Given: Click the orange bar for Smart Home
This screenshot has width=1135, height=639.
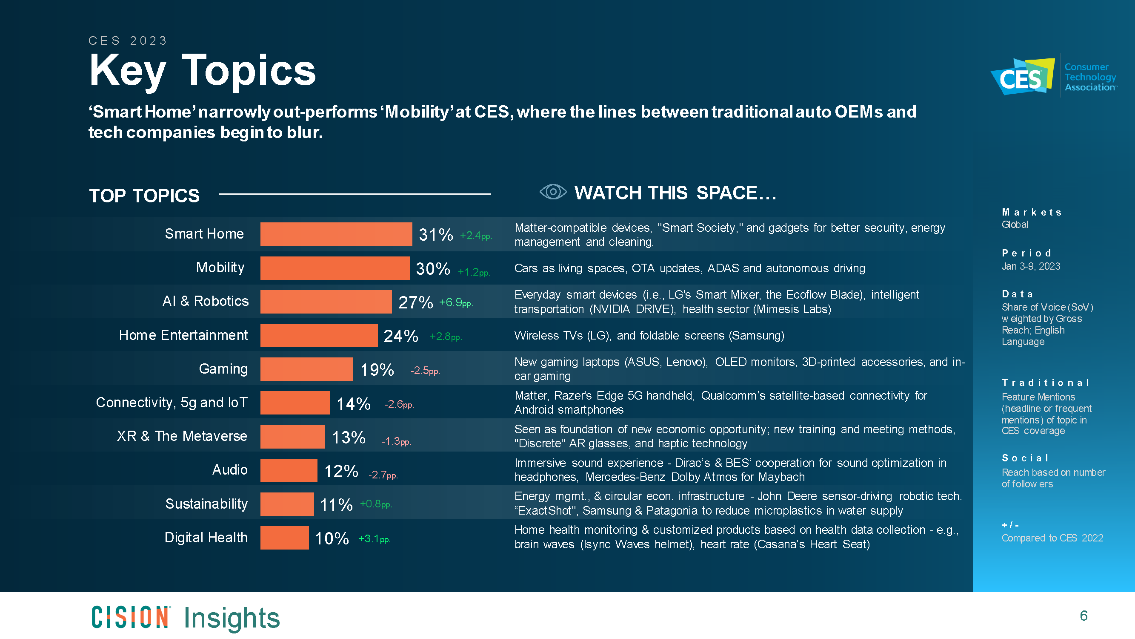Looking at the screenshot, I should coord(336,234).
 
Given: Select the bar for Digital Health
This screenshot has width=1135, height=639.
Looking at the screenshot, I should coord(284,538).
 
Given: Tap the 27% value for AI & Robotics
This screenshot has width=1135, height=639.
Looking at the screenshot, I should coord(415,302).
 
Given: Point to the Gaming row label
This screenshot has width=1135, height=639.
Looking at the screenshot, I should coord(223,368).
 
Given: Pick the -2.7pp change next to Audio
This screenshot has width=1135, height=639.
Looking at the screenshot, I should coord(383,475).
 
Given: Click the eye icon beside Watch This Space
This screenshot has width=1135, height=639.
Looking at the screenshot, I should coord(552,192).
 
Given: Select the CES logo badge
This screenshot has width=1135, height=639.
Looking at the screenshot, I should coord(1022,77).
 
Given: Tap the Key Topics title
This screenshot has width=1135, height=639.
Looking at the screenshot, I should coord(202,71).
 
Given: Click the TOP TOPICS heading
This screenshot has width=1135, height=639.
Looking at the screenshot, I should coord(144,196).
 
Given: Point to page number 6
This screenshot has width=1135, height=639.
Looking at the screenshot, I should coord(1084,616).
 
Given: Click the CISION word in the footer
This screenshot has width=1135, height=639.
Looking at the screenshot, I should coord(130,617).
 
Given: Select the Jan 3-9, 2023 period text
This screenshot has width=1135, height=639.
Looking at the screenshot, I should coord(1030,266).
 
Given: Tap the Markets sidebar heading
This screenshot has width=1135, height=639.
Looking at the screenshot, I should coord(1031,213).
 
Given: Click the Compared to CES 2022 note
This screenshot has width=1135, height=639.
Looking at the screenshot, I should coord(1052,538).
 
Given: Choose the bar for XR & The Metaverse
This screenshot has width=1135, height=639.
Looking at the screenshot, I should coord(292,437).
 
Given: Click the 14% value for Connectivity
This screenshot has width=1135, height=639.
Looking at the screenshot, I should coord(353,403).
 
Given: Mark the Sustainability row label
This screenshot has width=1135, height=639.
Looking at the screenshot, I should coord(206,504).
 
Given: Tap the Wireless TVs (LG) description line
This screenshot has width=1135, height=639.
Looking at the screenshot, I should coord(649,336).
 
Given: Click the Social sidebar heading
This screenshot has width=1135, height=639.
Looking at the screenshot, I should coord(1024,458).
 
